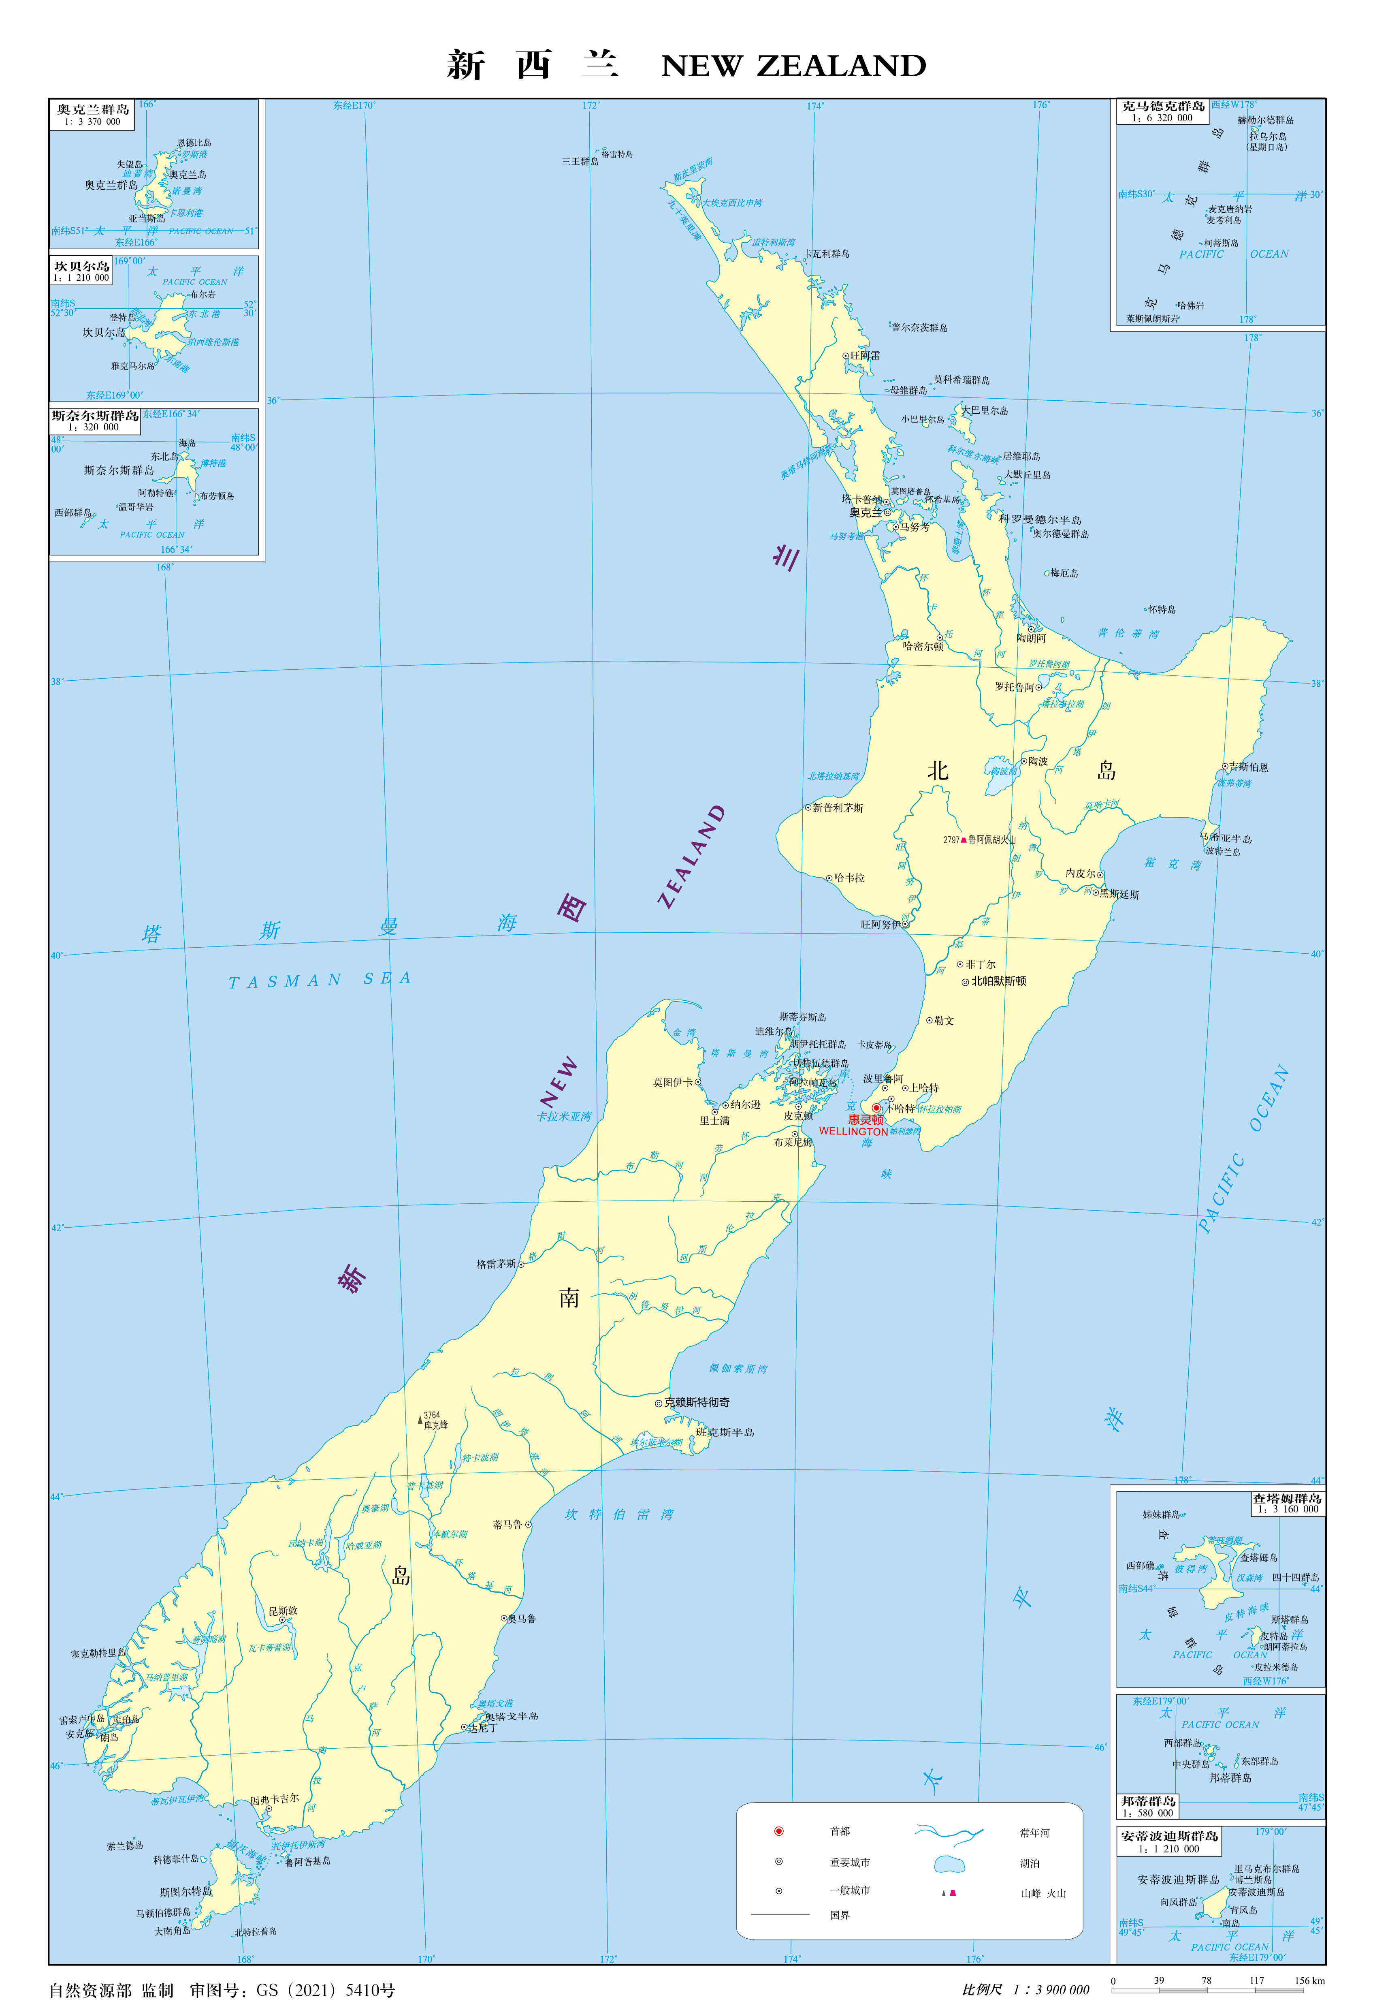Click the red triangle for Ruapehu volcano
963,840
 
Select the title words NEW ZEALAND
793,66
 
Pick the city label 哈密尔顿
923,646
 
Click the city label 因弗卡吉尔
275,1799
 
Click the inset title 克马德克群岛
1163,107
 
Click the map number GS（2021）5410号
325,1990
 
